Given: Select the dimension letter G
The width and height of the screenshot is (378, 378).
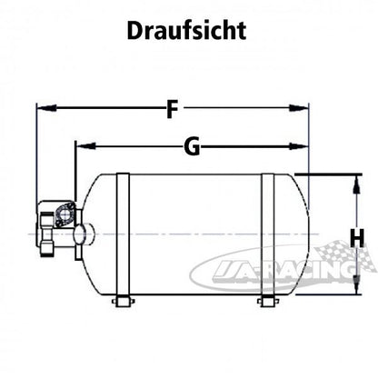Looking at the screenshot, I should click(x=191, y=147).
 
